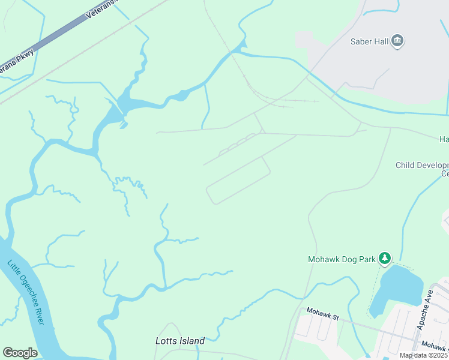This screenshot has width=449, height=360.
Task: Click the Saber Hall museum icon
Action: coord(397,41)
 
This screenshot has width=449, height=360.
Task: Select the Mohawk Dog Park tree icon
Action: coord(384,259)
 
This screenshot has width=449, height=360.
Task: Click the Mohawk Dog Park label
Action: coord(342,259)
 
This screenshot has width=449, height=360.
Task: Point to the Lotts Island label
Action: coord(180,341)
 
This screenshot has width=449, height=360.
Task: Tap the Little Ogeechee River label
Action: coord(26,292)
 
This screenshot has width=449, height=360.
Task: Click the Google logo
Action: coord(20,353)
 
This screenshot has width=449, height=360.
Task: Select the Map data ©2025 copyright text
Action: coord(423,355)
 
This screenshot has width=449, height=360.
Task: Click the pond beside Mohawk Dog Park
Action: coord(396,288)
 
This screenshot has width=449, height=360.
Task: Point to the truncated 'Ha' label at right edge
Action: coord(444,139)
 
